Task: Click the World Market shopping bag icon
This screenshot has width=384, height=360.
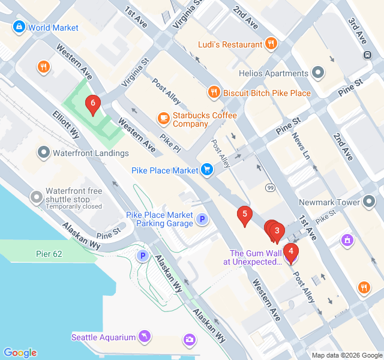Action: coord(19,27)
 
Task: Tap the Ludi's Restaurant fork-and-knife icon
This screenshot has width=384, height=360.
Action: coord(271,44)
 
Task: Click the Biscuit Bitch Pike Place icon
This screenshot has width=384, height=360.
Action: coord(214,92)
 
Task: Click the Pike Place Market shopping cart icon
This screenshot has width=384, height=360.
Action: coord(207,170)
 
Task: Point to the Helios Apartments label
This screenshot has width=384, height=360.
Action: coord(273,74)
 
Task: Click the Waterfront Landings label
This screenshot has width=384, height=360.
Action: coord(90,153)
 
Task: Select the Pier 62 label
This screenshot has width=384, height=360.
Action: coord(49,254)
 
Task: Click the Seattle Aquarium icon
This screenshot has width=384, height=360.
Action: coord(145,337)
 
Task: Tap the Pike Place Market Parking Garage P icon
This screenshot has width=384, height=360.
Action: coord(203,220)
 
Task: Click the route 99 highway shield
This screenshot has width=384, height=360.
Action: coord(271,188)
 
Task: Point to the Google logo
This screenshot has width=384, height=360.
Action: coord(20,353)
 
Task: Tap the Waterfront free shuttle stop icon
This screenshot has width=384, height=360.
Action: coord(37,197)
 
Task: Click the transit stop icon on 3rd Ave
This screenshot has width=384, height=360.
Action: coord(367,55)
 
